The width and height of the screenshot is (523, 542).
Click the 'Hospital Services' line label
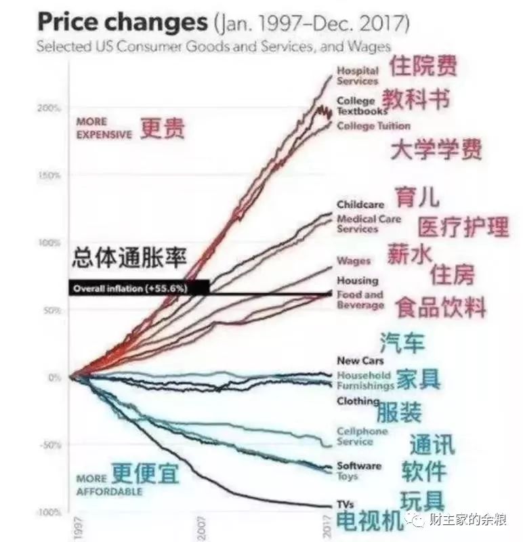358,76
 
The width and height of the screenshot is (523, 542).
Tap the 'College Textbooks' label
362,106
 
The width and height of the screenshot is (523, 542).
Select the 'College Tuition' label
374,126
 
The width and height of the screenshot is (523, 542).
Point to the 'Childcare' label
360,205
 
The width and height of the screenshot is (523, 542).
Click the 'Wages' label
354,261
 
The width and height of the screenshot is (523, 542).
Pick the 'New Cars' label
360,361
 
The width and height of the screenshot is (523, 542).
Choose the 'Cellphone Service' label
362,436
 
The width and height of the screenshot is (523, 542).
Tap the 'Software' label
359,465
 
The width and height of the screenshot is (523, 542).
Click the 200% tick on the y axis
49,108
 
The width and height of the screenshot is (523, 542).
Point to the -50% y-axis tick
50,445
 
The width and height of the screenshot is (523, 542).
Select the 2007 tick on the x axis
201,527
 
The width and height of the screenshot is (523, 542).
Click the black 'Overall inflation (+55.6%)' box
139,288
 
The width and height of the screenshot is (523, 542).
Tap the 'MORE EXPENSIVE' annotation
104,128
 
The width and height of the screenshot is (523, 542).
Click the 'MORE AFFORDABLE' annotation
109,485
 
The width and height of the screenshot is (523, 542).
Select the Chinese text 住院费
423,66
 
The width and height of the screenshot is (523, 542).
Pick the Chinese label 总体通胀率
129,257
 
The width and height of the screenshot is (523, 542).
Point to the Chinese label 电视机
369,521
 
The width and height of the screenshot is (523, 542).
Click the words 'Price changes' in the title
123,22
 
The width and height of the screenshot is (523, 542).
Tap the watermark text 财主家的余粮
467,519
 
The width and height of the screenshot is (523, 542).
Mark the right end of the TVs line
331,507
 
